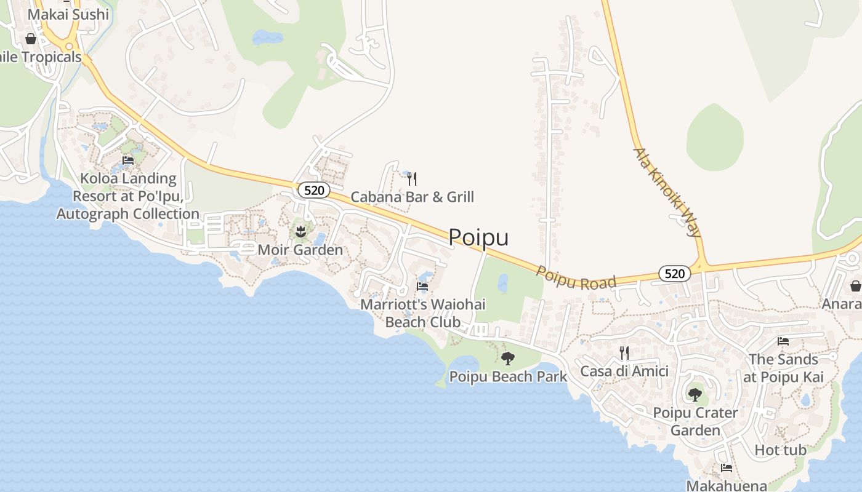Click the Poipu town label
(x=478, y=237)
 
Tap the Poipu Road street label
(x=576, y=278)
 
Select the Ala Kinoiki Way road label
(x=667, y=192)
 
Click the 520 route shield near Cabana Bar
(x=314, y=190)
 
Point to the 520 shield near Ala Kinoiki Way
(x=675, y=274)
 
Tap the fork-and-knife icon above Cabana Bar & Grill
(x=412, y=179)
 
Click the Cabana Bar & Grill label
(x=412, y=197)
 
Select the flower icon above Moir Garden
(x=300, y=232)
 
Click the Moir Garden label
(x=300, y=250)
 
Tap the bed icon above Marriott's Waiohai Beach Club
(x=422, y=286)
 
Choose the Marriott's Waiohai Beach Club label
(x=422, y=312)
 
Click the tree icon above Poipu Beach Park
(x=508, y=358)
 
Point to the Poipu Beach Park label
(x=508, y=376)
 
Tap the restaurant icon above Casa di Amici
(x=624, y=353)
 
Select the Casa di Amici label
(x=624, y=371)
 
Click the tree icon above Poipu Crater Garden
(x=695, y=394)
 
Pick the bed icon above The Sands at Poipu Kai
(x=783, y=341)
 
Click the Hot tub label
(x=780, y=450)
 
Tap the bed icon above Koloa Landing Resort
(x=128, y=161)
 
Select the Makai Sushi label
(x=68, y=14)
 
